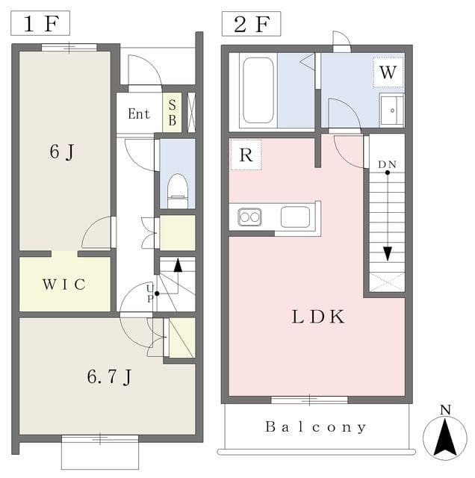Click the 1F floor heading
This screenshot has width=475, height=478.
pos(41,23)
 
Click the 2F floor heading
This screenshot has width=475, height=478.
pos(252,24)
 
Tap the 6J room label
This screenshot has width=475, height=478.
pos(62,152)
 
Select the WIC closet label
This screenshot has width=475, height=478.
pos(64,284)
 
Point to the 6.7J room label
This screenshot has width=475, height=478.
pos(109,376)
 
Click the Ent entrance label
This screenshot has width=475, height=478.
pos(139,114)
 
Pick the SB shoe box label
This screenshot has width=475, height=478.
pos(173,113)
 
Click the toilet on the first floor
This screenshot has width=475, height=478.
pos(178,191)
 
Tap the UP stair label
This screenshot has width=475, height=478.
pos(149,294)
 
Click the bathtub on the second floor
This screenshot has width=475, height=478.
pos(258,90)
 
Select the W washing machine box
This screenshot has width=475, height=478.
pos(388,72)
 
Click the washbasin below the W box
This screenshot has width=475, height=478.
pos(391,111)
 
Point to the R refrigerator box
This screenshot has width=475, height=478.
pos(246,155)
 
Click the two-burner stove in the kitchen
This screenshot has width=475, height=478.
pos(249,217)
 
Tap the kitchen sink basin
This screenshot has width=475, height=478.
pos(295,217)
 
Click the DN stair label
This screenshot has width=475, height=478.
pos(387,164)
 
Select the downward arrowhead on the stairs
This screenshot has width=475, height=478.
pos(387,254)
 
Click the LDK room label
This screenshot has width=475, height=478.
pos(318,317)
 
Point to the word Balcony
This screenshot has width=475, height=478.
pos(316,426)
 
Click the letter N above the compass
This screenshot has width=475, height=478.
pos(445,410)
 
